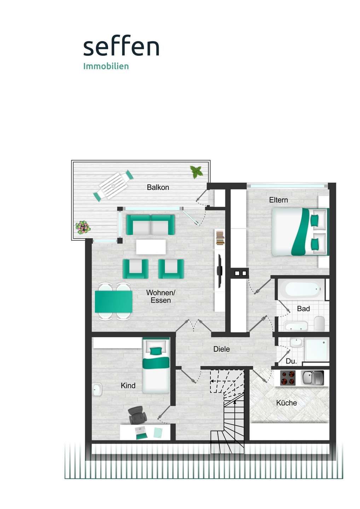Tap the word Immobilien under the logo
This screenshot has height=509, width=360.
pos(106,66)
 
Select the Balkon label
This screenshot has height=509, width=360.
pos(158,187)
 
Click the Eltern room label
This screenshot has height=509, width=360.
pos(278,200)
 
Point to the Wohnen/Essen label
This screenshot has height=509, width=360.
pos(161,297)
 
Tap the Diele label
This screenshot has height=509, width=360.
pos(221,349)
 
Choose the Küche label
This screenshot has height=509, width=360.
pos(286,403)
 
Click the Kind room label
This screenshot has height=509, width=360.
pos(128,385)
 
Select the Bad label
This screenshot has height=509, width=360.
pos(303,309)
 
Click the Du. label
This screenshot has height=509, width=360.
pos(291,361)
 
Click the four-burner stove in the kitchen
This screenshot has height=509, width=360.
pos(288,378)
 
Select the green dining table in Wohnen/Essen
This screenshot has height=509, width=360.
pos(114,302)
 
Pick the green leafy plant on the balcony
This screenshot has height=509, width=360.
pos(196,171)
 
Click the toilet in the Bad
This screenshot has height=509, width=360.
pos(319,323)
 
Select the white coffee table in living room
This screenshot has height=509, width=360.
pos(151,247)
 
